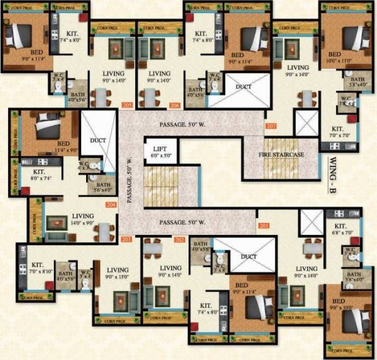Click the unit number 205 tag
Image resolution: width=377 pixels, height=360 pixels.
click(x=128, y=106)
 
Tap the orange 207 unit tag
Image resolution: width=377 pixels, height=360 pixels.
click(x=271, y=126)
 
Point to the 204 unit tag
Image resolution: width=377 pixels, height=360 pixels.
click(x=111, y=205)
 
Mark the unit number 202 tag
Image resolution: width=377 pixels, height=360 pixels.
click(x=180, y=240)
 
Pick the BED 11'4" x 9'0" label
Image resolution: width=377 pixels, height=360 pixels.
click(x=48, y=146)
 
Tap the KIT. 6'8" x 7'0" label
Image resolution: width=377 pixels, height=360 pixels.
click(x=340, y=229)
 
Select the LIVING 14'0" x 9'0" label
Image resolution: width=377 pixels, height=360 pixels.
click(x=82, y=218)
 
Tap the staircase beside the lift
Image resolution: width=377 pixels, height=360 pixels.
click(x=161, y=187)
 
